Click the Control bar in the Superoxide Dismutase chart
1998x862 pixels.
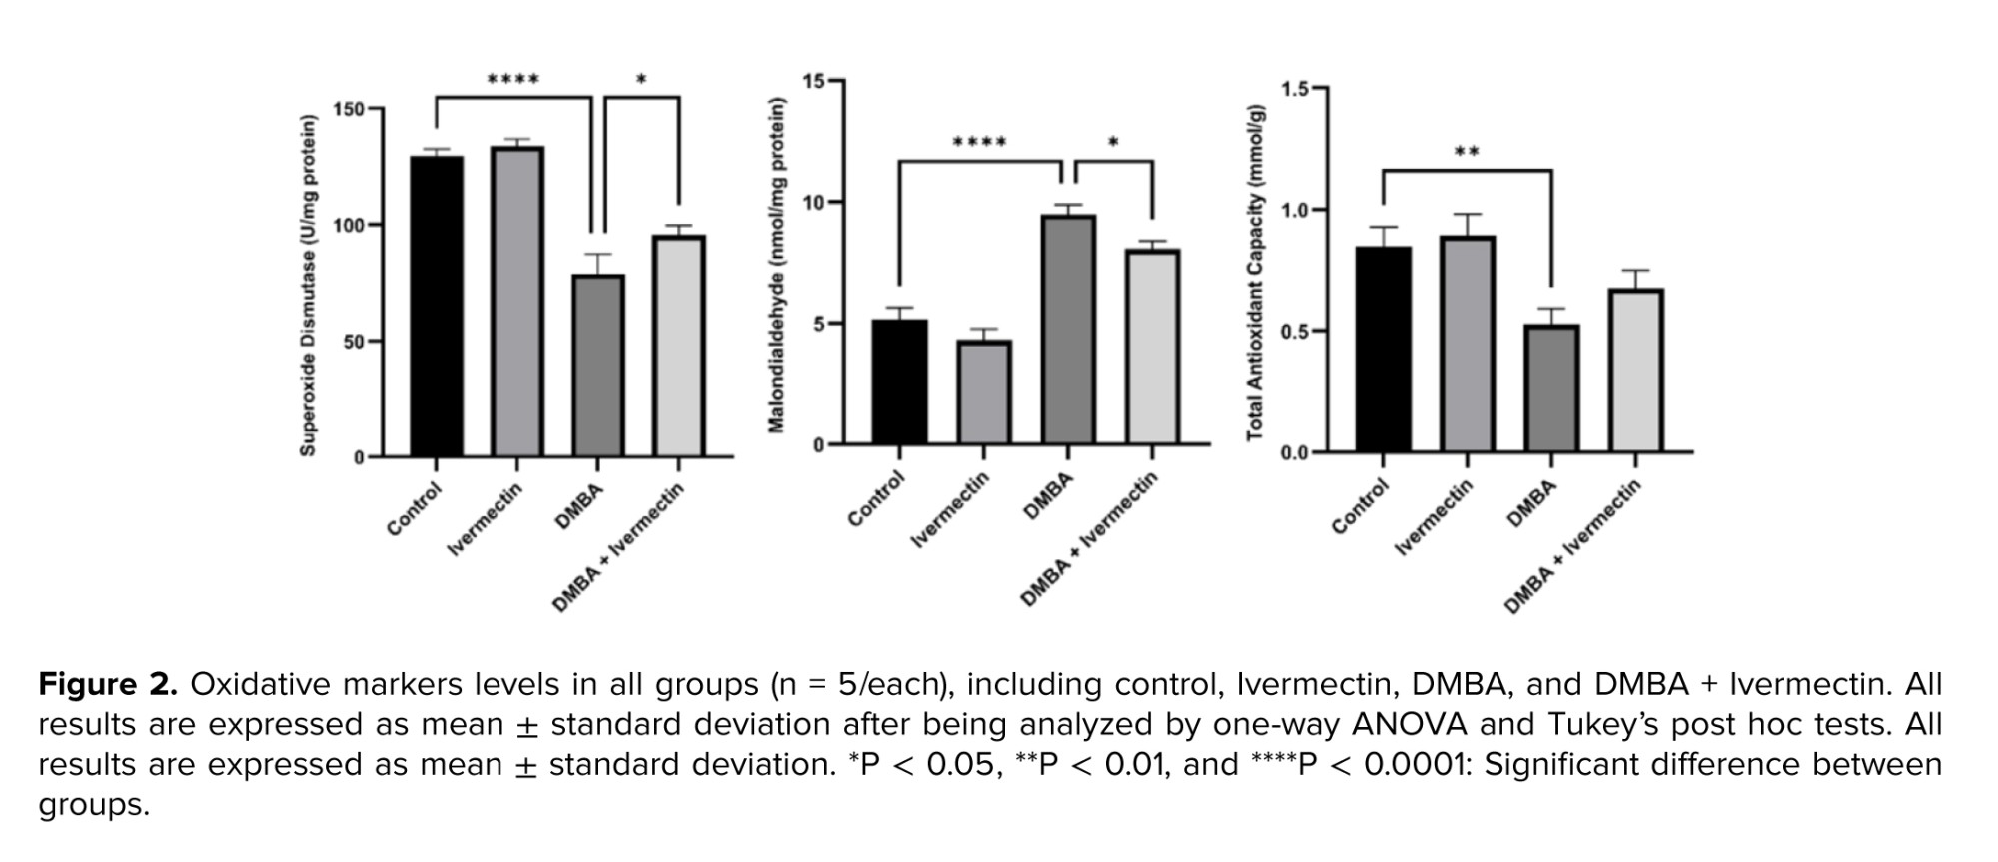coord(437,306)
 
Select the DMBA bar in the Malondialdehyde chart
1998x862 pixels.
coord(1068,330)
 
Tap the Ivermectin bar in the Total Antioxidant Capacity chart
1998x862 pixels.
coord(1468,344)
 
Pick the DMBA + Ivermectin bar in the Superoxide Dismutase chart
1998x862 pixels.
coord(679,346)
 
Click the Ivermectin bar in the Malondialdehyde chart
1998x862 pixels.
coord(984,392)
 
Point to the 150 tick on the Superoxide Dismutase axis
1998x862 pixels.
coord(349,109)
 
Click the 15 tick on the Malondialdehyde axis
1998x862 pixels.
coord(813,81)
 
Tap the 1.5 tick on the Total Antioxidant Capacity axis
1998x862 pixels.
coord(1295,89)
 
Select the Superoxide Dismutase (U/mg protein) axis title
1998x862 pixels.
coord(308,286)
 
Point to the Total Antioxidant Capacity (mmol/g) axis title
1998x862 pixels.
coord(1255,272)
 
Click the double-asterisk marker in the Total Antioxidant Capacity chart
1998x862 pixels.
coord(1467,153)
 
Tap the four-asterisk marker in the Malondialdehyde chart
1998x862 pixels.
coord(979,143)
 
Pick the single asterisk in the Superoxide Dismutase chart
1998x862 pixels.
coord(641,80)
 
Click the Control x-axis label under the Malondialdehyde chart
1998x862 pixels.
coord(876,499)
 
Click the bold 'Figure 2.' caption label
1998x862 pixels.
coord(108,685)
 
